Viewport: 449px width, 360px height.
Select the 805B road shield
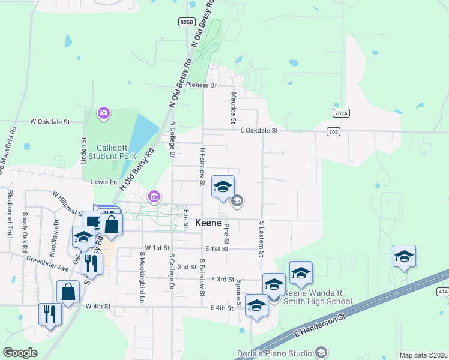187,22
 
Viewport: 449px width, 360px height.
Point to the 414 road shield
442,292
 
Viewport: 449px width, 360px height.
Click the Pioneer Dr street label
200,85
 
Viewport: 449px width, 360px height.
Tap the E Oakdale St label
259,130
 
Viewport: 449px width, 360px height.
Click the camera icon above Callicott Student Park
104,113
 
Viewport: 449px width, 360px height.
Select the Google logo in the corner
20,353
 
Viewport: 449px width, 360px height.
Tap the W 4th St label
98,307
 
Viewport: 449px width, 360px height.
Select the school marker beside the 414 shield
404,257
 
